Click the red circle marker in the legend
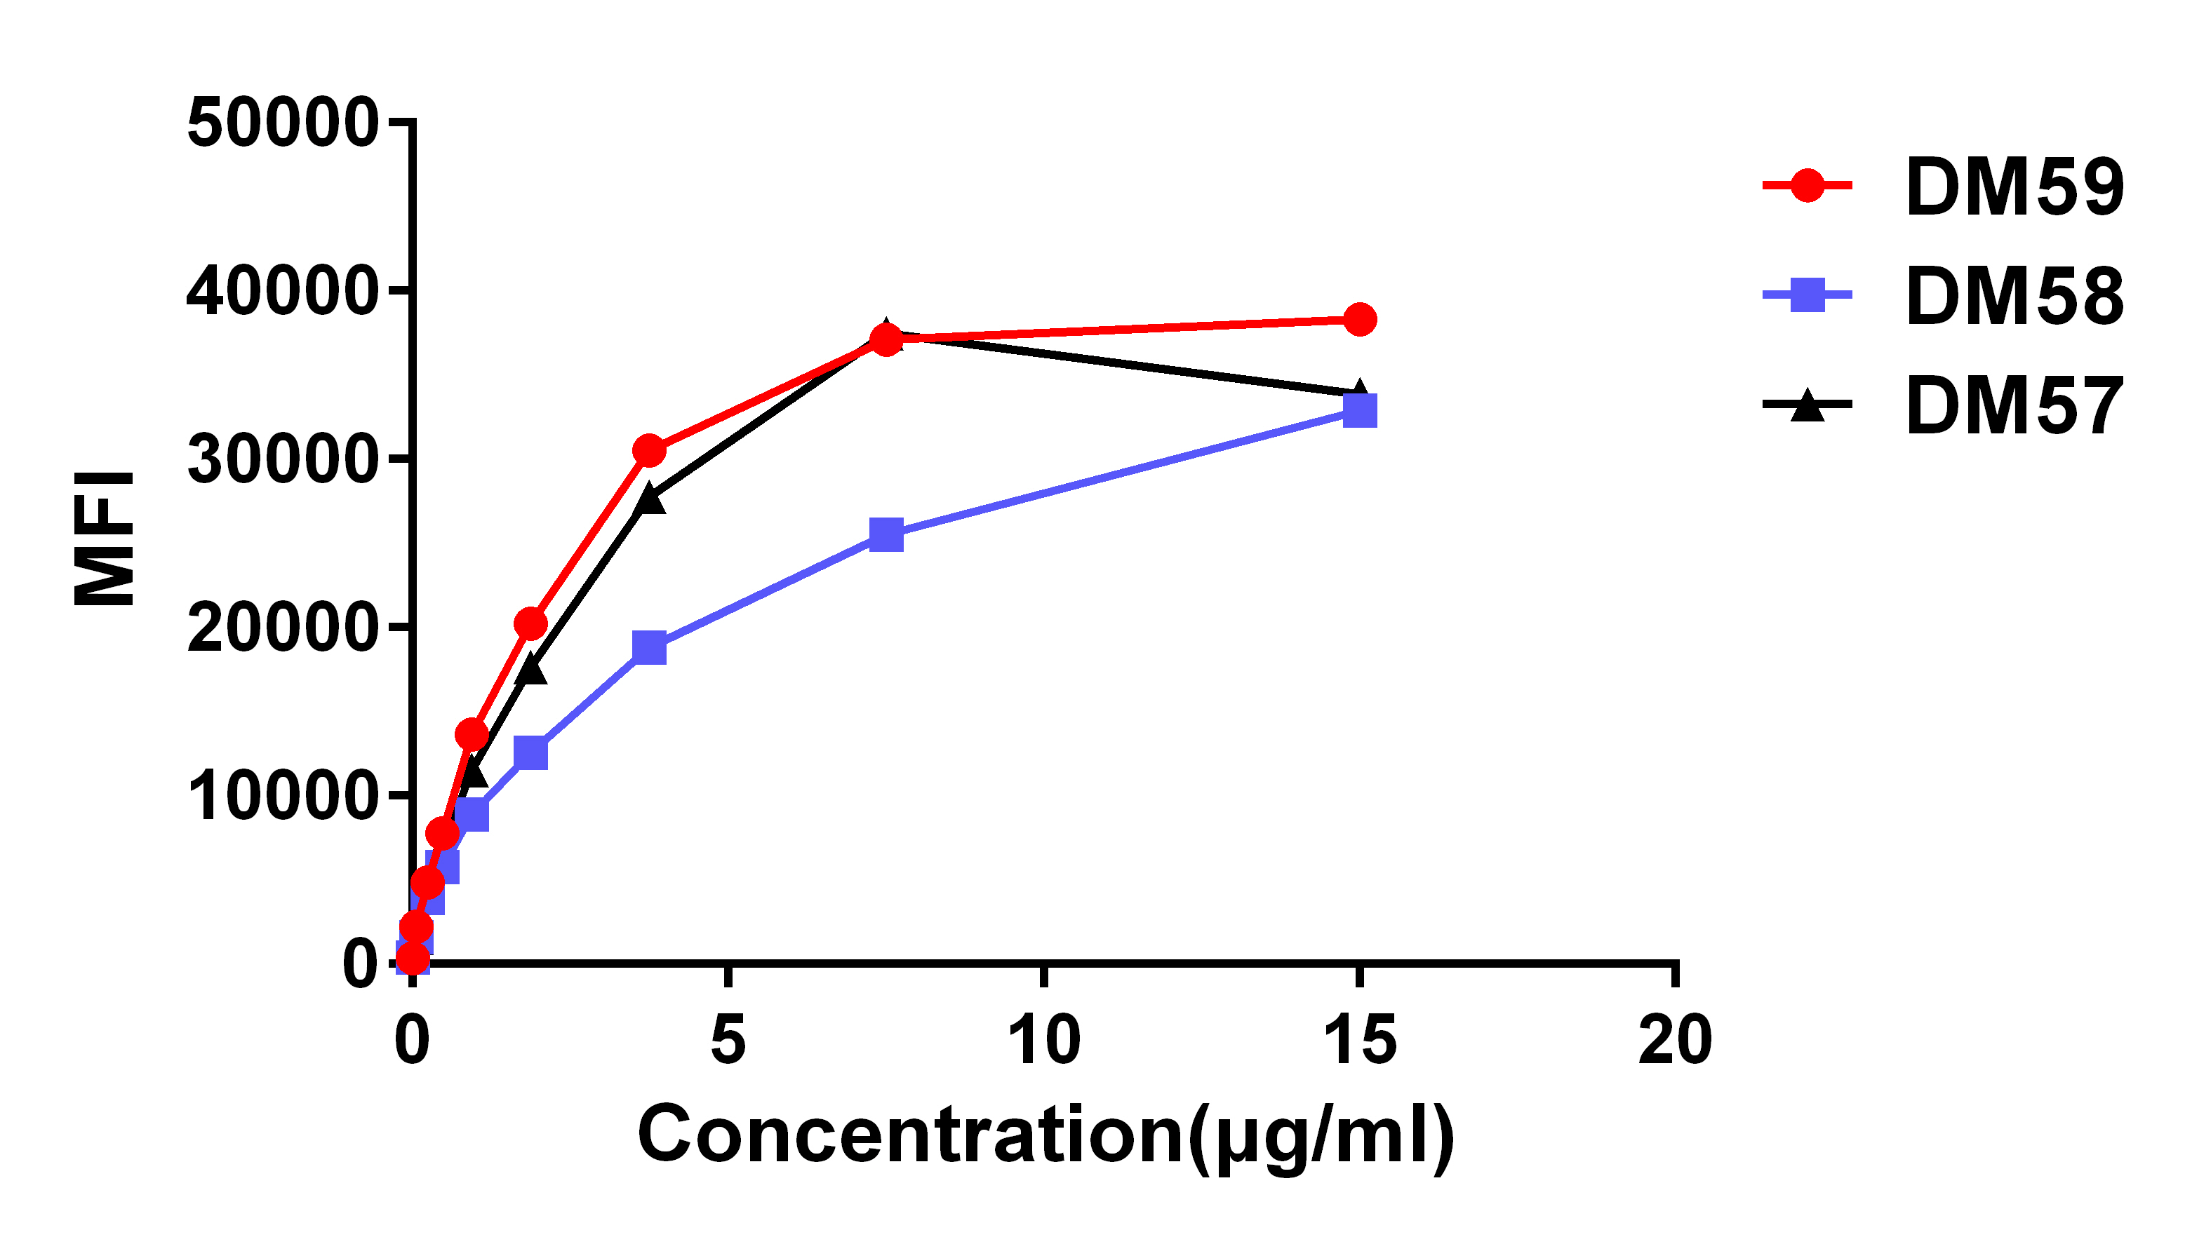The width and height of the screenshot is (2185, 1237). [1807, 184]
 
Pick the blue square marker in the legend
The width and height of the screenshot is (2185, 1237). [1807, 295]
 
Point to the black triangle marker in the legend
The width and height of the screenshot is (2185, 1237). [1807, 405]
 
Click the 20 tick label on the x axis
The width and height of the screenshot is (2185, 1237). [1675, 1041]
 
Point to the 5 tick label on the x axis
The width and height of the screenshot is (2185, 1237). [728, 1041]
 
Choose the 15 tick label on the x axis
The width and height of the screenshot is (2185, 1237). [1360, 1041]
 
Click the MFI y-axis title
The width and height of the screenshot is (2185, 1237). [105, 539]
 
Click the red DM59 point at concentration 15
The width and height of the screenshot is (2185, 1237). [1360, 320]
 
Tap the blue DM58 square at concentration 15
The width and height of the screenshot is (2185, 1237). [1360, 411]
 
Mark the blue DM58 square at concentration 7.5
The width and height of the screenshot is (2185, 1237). [886, 535]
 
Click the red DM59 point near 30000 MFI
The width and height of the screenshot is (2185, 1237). [649, 451]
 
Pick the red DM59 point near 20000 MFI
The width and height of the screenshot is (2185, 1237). [531, 624]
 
